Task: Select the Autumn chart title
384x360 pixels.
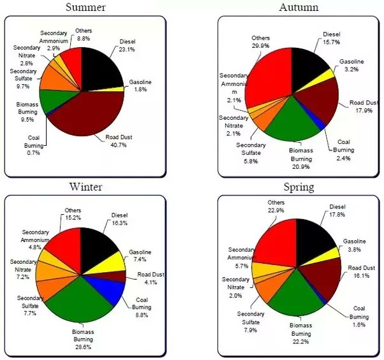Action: coord(299,8)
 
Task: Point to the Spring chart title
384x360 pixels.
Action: coord(299,187)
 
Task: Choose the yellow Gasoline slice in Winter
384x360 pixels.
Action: coord(112,261)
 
